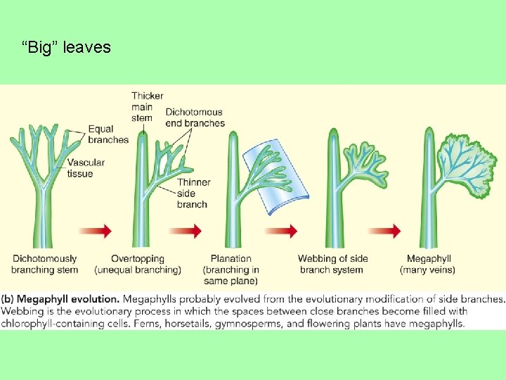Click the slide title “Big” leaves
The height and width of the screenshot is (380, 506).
coord(66,48)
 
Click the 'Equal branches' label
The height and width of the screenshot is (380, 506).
coord(108,134)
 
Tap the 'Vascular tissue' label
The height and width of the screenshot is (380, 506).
coord(86,168)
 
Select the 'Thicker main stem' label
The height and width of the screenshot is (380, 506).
coord(147,107)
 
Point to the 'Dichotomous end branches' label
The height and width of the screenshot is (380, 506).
coord(195,118)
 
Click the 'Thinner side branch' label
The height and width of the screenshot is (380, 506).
coord(193,194)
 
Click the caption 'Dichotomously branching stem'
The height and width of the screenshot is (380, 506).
coord(44,265)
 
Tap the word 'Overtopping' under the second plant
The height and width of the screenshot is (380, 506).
coord(138,259)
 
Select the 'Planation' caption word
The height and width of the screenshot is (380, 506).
coord(231,259)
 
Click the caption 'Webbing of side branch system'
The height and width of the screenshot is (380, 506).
coord(332,265)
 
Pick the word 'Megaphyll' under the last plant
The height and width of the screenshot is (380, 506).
coord(427,259)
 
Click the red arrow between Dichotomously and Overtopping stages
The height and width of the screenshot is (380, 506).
coord(96,231)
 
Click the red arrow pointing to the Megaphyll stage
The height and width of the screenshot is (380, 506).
coord(385,231)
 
